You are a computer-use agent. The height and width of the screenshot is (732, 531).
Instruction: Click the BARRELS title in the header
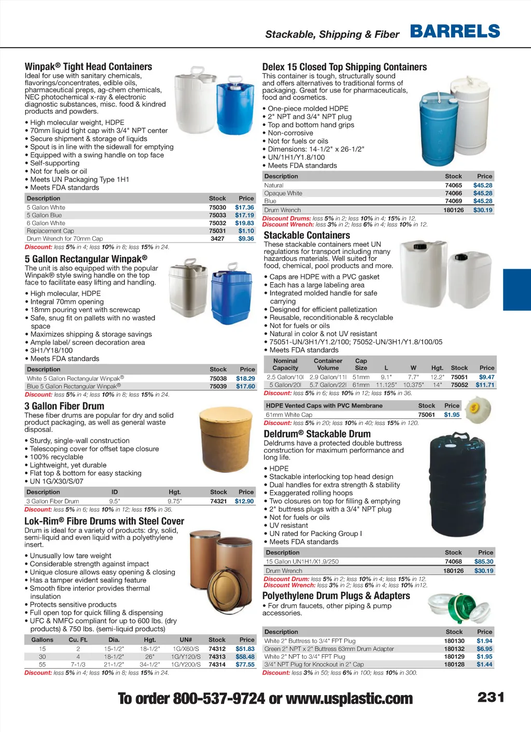pyautogui.click(x=455, y=32)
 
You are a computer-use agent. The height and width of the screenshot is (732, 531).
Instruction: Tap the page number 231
pyautogui.click(x=491, y=697)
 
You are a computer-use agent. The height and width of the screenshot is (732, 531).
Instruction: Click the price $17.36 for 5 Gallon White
pyautogui.click(x=244, y=207)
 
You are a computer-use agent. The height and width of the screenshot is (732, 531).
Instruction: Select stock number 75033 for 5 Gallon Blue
pyautogui.click(x=217, y=215)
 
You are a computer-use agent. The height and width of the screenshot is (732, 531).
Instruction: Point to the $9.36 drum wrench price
pyautogui.click(x=246, y=239)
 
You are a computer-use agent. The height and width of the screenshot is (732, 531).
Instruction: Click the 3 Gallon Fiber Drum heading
pyautogui.click(x=64, y=406)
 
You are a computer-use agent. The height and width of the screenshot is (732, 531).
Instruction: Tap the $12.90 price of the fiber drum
pyautogui.click(x=244, y=501)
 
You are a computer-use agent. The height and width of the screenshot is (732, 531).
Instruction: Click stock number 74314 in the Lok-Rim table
pyautogui.click(x=217, y=665)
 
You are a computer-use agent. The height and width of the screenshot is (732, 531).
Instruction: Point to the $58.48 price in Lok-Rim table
pyautogui.click(x=245, y=657)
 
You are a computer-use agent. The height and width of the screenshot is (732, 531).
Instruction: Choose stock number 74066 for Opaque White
pyautogui.click(x=453, y=193)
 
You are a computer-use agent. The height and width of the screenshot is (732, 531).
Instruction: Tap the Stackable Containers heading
pyautogui.click(x=306, y=235)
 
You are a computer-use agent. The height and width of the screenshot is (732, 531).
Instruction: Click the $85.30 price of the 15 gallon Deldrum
pyautogui.click(x=483, y=561)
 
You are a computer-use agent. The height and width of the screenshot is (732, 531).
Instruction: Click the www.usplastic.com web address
pyautogui.click(x=349, y=699)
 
